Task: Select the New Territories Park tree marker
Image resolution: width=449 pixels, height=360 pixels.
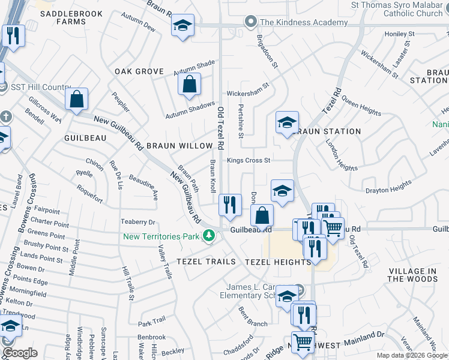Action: click(209, 236)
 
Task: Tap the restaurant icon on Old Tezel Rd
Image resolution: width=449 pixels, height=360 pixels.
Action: click(230, 205)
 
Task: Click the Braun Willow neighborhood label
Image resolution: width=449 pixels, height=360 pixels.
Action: click(180, 146)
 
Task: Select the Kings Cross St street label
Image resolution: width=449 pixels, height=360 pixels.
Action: click(249, 160)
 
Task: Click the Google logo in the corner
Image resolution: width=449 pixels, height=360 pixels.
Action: click(20, 353)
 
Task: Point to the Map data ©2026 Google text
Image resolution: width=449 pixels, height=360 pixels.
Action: click(411, 355)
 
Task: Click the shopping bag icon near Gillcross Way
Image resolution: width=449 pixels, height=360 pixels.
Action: click(76, 100)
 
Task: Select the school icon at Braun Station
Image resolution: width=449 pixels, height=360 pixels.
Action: click(287, 123)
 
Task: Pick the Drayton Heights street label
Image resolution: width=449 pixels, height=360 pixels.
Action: click(388, 190)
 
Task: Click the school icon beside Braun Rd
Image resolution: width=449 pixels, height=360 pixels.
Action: click(182, 26)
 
